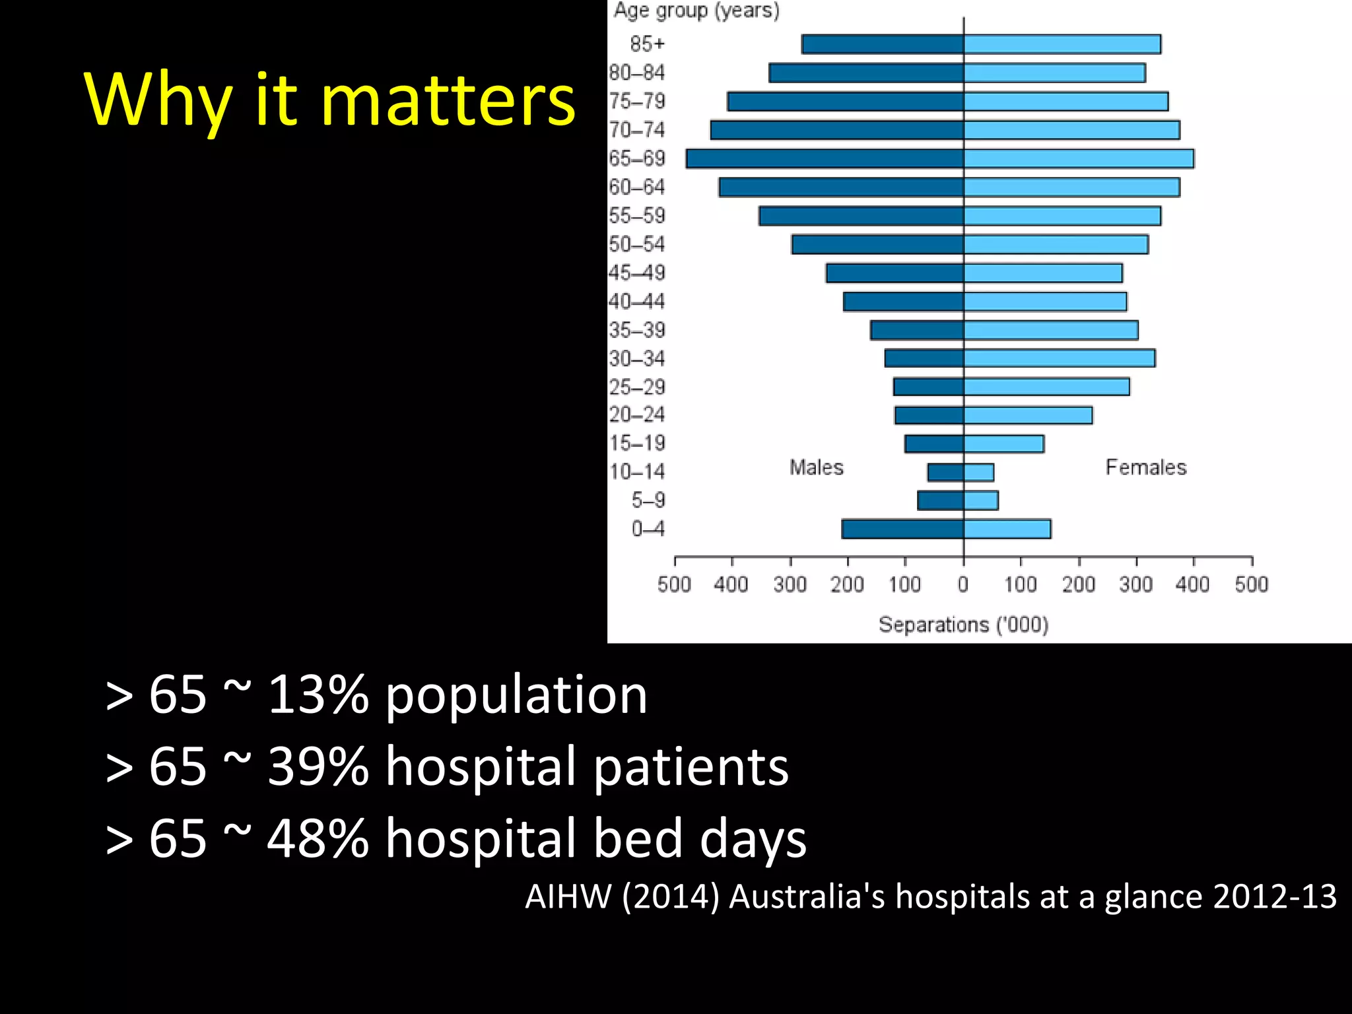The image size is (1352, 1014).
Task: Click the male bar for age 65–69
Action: pyautogui.click(x=825, y=159)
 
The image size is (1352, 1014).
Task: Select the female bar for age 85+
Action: pyautogui.click(x=1062, y=44)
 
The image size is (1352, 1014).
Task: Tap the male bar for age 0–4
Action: pyautogui.click(x=902, y=529)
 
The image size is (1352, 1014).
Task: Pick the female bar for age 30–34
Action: pyautogui.click(x=1059, y=358)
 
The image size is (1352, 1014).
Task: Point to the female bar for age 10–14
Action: pyautogui.click(x=978, y=472)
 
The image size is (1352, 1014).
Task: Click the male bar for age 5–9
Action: pyautogui.click(x=940, y=500)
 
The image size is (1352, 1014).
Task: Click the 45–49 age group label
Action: pyautogui.click(x=637, y=273)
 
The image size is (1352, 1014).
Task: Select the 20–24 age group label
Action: pyautogui.click(x=637, y=415)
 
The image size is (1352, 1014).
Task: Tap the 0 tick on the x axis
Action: pyautogui.click(x=963, y=584)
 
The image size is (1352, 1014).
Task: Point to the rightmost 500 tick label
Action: pyautogui.click(x=1251, y=584)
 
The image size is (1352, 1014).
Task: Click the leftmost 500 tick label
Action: pyautogui.click(x=674, y=584)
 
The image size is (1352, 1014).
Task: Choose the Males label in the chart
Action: pyautogui.click(x=817, y=467)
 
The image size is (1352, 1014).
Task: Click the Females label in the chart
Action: pyautogui.click(x=1146, y=467)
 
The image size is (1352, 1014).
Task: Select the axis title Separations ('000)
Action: pyautogui.click(x=963, y=625)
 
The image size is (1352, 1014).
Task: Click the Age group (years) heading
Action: pyautogui.click(x=696, y=11)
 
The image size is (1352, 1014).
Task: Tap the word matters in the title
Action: pyautogui.click(x=448, y=101)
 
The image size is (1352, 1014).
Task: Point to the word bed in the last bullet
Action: pyautogui.click(x=637, y=838)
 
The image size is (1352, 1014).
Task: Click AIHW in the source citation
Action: pyautogui.click(x=568, y=896)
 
